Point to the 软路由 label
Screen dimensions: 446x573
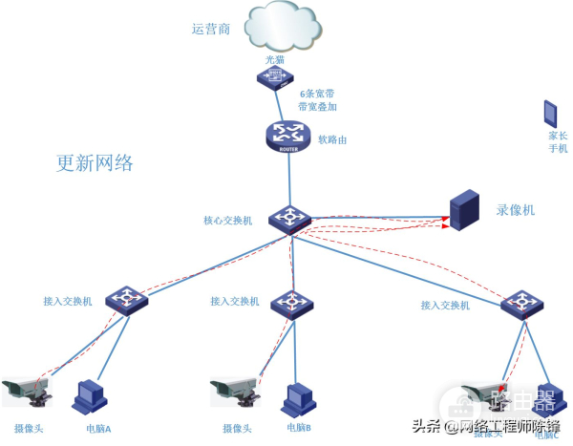click(x=332, y=139)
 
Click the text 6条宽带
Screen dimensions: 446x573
click(x=317, y=95)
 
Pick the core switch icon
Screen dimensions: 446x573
click(x=287, y=220)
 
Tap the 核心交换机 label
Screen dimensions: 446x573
click(x=228, y=221)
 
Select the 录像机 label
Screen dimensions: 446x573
click(x=516, y=209)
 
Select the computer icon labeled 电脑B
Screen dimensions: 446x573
click(x=299, y=397)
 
